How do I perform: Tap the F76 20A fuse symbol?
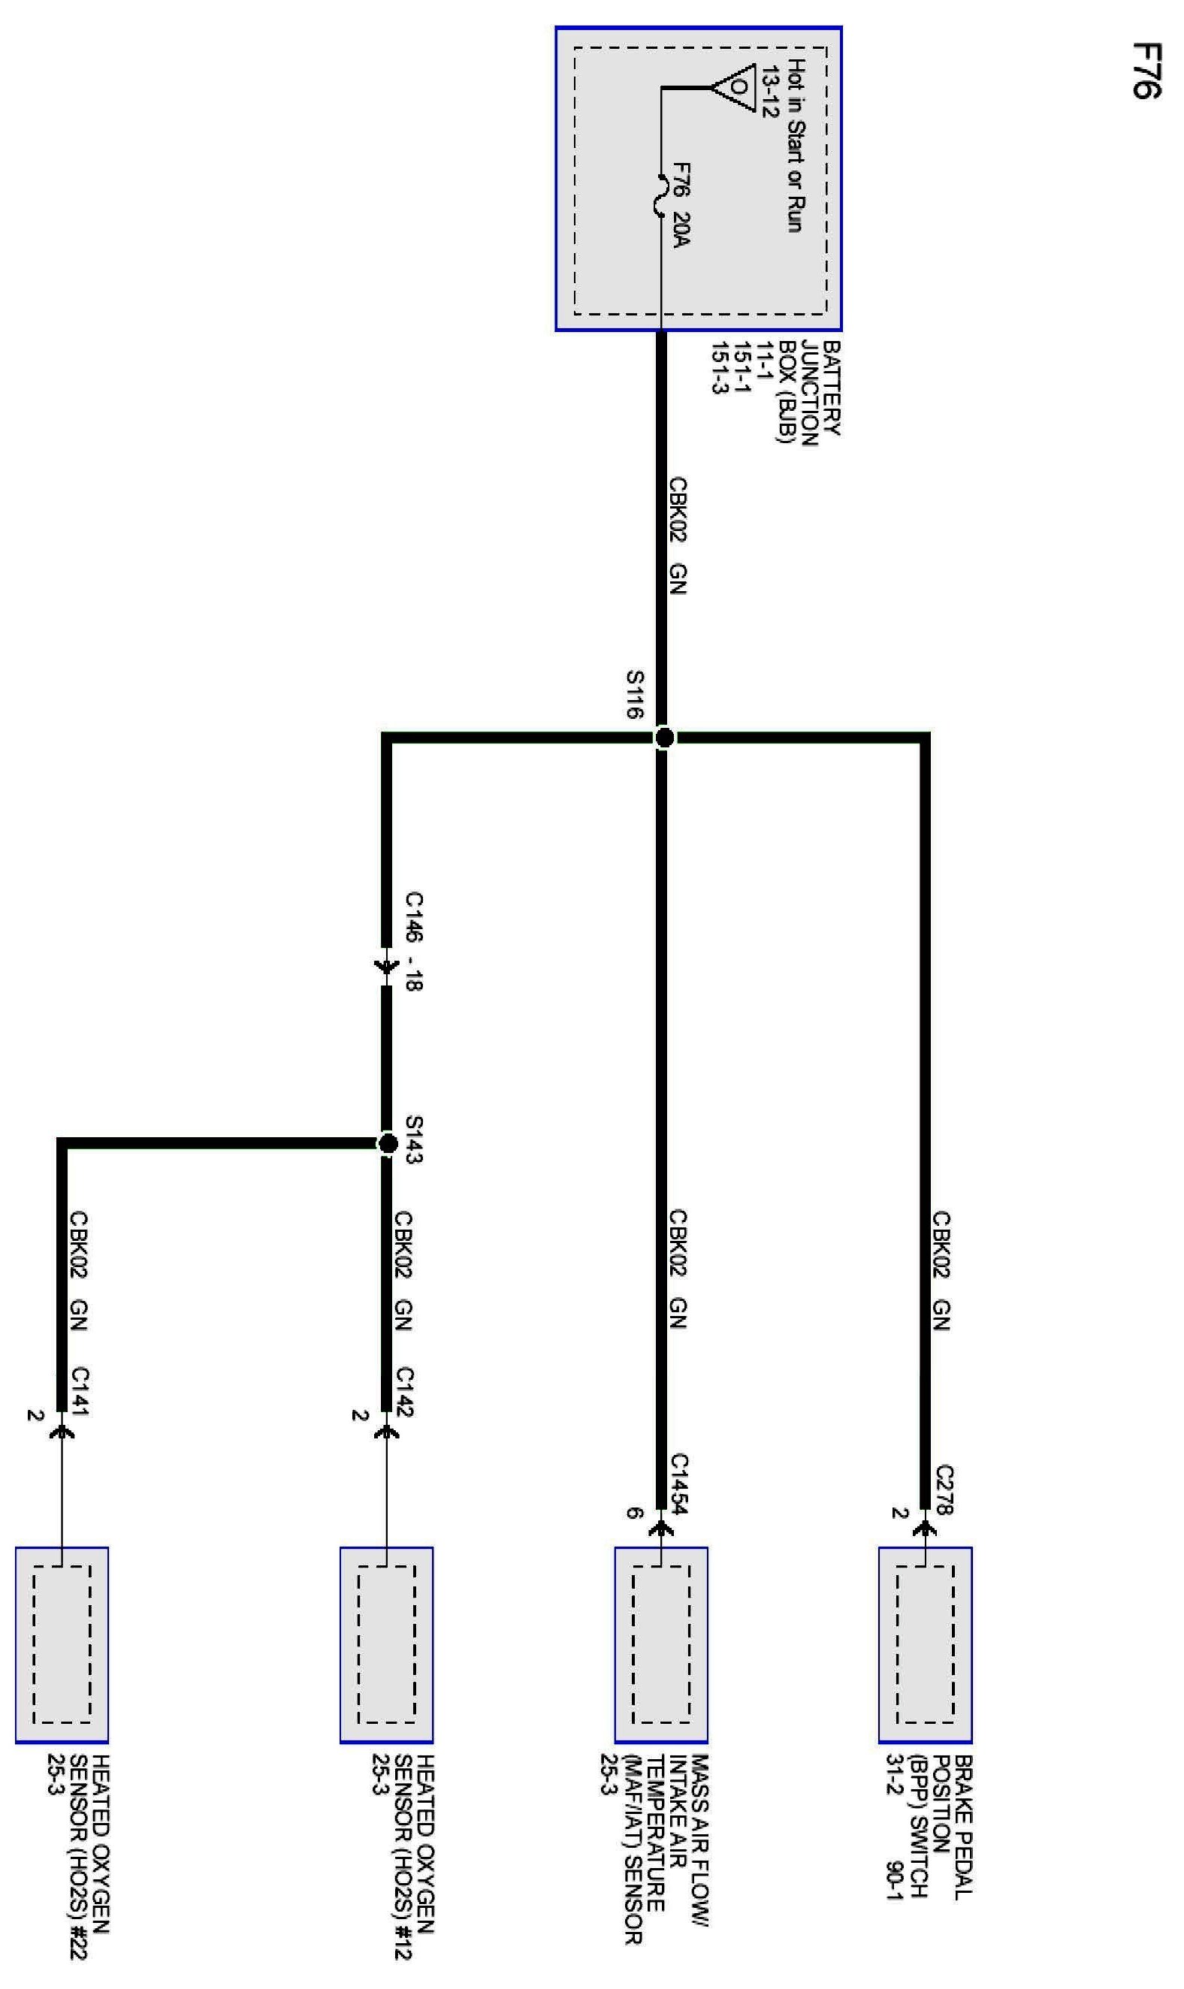point(660,195)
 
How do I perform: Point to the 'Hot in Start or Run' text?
point(795,145)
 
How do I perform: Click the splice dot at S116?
point(663,738)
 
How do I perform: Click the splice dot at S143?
point(388,1145)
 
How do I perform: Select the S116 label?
point(634,694)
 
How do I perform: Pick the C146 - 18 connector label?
point(413,941)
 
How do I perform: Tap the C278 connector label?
point(944,1488)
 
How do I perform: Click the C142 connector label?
point(404,1391)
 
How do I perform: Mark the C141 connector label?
point(80,1391)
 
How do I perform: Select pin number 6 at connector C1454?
point(633,1513)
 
